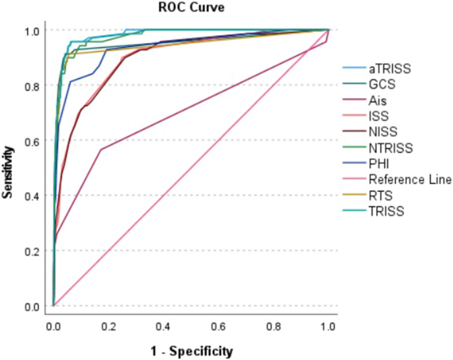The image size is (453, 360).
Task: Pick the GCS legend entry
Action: pyautogui.click(x=383, y=84)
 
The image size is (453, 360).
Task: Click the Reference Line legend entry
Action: pyautogui.click(x=410, y=179)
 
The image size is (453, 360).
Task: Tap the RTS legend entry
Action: pyautogui.click(x=381, y=195)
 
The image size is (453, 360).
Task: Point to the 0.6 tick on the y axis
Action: pyautogui.click(x=34, y=141)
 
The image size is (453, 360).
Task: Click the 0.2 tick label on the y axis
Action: pyautogui.click(x=34, y=251)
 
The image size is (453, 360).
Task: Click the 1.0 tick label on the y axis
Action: pyautogui.click(x=34, y=30)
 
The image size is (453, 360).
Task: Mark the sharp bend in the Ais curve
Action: pyautogui.click(x=101, y=150)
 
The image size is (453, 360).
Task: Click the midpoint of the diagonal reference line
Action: pyautogui.click(x=190, y=168)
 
